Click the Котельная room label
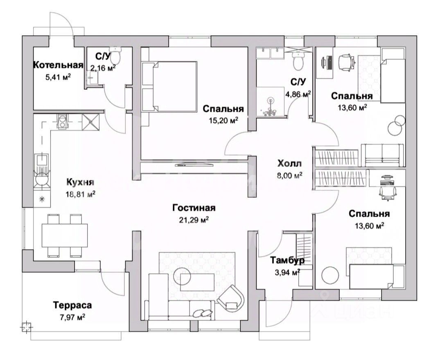58,65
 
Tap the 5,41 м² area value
58,76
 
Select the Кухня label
81,182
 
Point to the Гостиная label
194,208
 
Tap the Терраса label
72,305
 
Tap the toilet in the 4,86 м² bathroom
298,61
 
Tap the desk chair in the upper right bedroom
346,62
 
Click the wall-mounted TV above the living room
194,165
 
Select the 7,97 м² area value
72,316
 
